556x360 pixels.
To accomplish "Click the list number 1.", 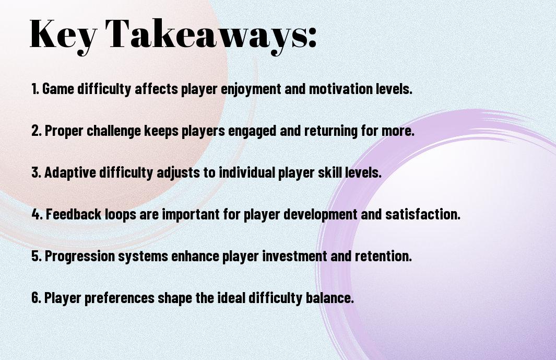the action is click(x=35, y=89).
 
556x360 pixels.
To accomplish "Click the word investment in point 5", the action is click(x=294, y=256).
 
